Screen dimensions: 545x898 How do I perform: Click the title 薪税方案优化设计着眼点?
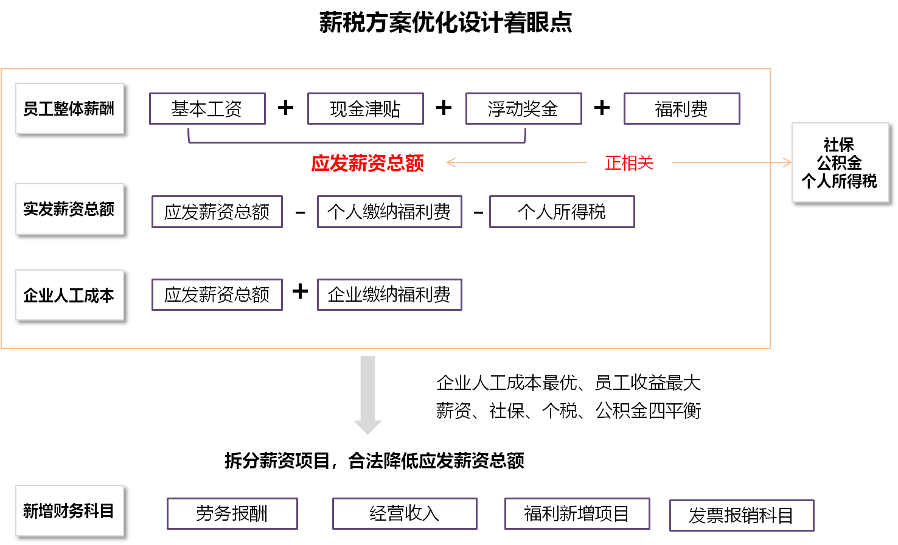tap(445, 23)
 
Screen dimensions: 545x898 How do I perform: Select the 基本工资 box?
tap(207, 109)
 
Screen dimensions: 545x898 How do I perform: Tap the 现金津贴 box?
tap(366, 109)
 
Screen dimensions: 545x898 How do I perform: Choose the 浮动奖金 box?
tap(523, 109)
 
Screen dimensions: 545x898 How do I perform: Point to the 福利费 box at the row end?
tap(681, 109)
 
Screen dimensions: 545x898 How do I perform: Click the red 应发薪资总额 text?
tap(367, 163)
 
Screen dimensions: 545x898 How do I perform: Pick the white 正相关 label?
tap(629, 162)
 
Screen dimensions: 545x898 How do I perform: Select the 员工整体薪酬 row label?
tap(69, 109)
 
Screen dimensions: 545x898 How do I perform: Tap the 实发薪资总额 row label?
tap(69, 209)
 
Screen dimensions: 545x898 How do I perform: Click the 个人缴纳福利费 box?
tap(389, 212)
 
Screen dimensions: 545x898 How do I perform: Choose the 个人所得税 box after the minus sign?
tap(562, 212)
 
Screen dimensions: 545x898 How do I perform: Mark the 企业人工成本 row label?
tap(69, 296)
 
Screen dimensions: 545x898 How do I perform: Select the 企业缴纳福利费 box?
tap(389, 295)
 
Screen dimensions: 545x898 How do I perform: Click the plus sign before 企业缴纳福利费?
tap(300, 292)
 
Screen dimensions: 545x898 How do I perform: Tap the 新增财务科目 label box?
tap(69, 511)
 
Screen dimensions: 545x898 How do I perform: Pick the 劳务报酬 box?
tap(232, 514)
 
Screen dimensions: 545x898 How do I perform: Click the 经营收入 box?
tap(405, 514)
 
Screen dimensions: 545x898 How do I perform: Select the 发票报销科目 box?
tap(741, 516)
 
